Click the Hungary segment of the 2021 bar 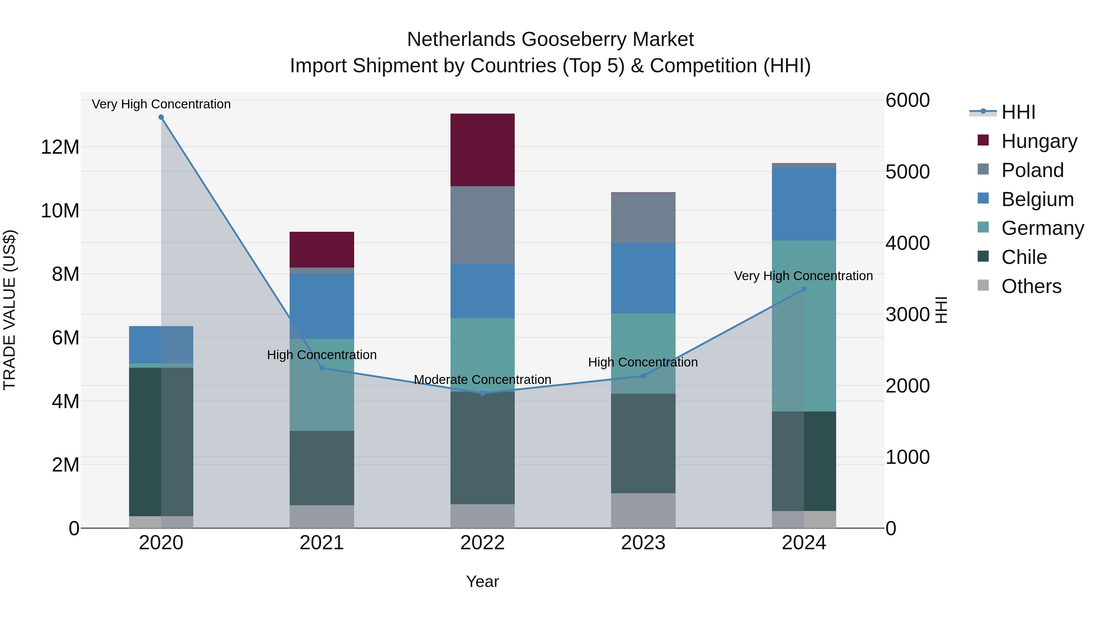[x=321, y=250]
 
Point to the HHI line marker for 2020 [x=161, y=117]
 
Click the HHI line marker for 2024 [x=803, y=289]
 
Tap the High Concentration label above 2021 [x=321, y=355]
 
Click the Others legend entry [x=1031, y=286]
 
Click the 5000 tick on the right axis [x=907, y=171]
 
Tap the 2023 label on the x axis [x=643, y=543]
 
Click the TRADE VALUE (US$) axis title [x=9, y=310]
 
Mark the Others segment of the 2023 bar [x=643, y=510]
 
